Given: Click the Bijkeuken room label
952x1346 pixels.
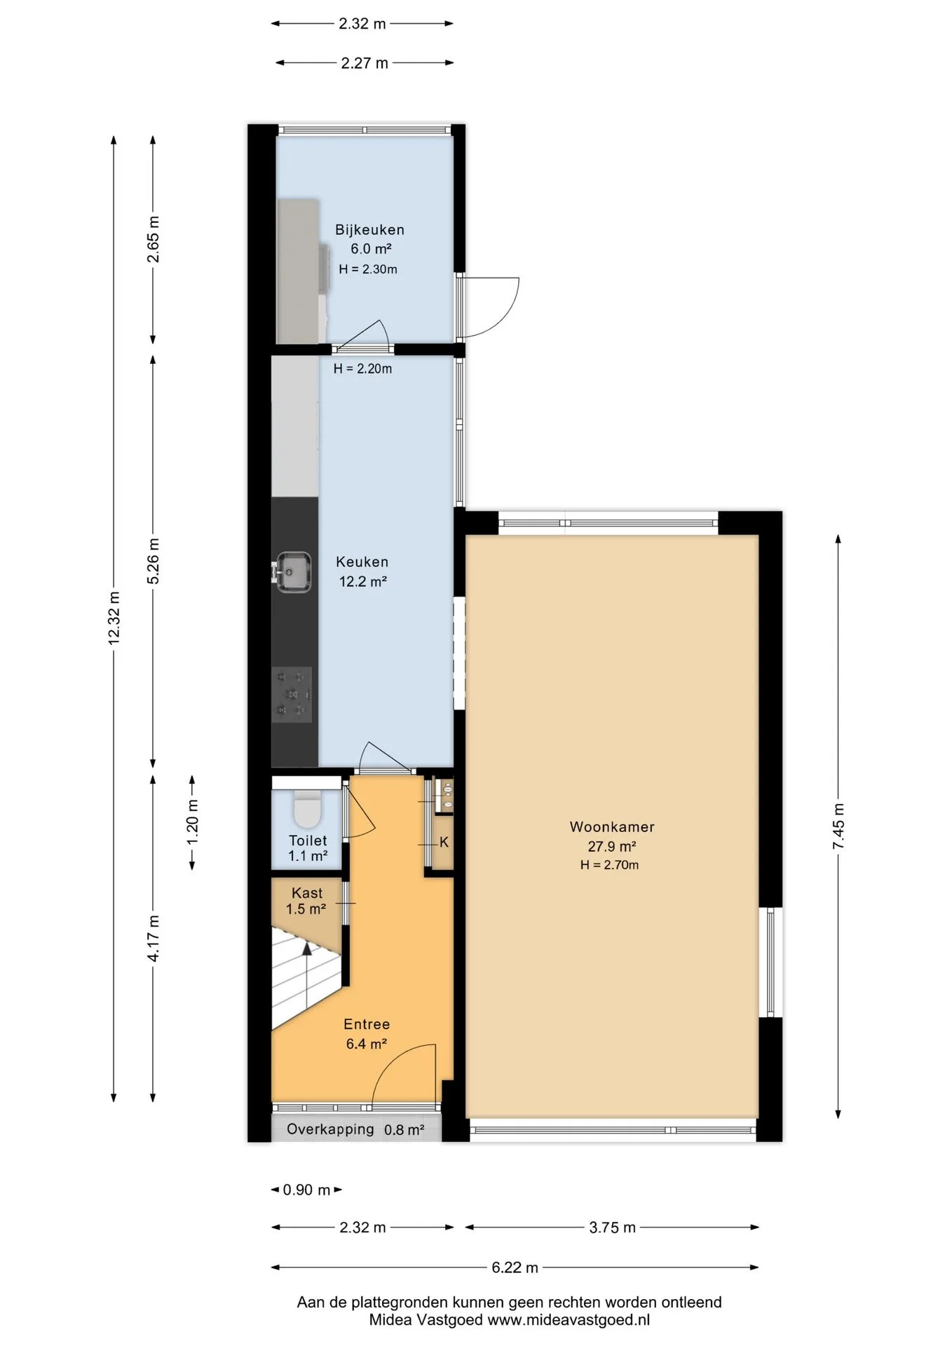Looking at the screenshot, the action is click(369, 229).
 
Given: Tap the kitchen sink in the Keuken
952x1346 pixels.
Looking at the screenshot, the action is click(293, 572).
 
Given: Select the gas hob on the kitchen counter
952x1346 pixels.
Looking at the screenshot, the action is click(292, 694).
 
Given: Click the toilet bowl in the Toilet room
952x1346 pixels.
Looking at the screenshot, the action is click(307, 810).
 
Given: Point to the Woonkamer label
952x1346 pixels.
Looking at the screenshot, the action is click(612, 827).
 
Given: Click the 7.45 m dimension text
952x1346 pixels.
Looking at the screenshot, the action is click(838, 827).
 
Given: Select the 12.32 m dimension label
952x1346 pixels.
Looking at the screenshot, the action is click(114, 618).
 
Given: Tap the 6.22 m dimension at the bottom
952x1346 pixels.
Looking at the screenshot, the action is click(515, 1267).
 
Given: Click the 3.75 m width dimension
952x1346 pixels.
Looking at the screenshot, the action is click(612, 1227).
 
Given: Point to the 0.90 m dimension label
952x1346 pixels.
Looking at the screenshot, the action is click(306, 1190).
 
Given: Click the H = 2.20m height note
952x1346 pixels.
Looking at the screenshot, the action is click(362, 369).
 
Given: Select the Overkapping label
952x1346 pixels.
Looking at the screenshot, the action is click(330, 1129).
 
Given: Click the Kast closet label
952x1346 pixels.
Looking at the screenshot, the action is click(307, 893).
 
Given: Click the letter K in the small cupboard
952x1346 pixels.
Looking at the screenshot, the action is click(444, 842).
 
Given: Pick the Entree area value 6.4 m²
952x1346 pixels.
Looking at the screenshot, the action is click(367, 1044).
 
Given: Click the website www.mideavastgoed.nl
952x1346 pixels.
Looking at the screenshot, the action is click(569, 1319).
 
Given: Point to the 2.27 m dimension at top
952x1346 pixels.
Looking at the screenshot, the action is click(365, 63).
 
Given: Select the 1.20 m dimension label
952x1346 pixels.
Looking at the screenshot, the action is click(193, 822).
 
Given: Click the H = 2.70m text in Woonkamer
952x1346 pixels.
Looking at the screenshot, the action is click(609, 865).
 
